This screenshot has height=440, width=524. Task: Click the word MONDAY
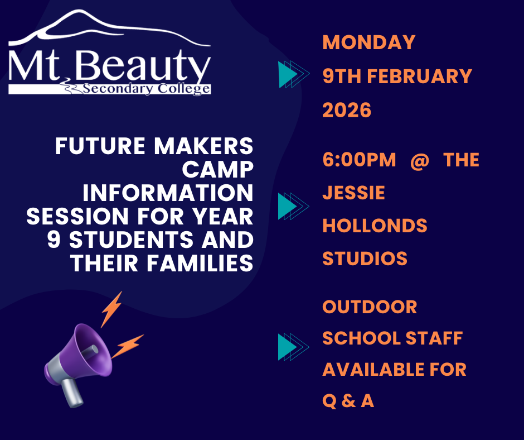[369, 42]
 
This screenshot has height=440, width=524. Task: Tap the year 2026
[347, 110]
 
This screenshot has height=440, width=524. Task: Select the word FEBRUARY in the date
[419, 76]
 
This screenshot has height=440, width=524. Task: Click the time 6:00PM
[359, 160]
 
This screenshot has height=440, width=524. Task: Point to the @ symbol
[420, 160]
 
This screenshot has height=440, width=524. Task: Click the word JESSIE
[354, 193]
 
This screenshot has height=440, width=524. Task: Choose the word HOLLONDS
[375, 226]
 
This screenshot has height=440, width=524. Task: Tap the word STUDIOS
[365, 259]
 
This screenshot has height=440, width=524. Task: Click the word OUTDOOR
[370, 307]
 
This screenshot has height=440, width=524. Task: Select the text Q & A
[348, 401]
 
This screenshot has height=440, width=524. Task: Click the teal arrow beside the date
[294, 74]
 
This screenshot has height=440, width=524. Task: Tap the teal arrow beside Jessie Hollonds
[293, 206]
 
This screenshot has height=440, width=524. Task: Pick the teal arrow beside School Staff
[293, 347]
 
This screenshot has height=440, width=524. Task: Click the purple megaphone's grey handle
[72, 393]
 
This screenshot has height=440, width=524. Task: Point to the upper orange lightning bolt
[111, 309]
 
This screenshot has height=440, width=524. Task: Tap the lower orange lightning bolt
[127, 346]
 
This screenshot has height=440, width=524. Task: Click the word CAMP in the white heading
[217, 169]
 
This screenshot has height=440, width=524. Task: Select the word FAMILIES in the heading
[200, 263]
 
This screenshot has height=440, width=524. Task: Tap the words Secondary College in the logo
[147, 89]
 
